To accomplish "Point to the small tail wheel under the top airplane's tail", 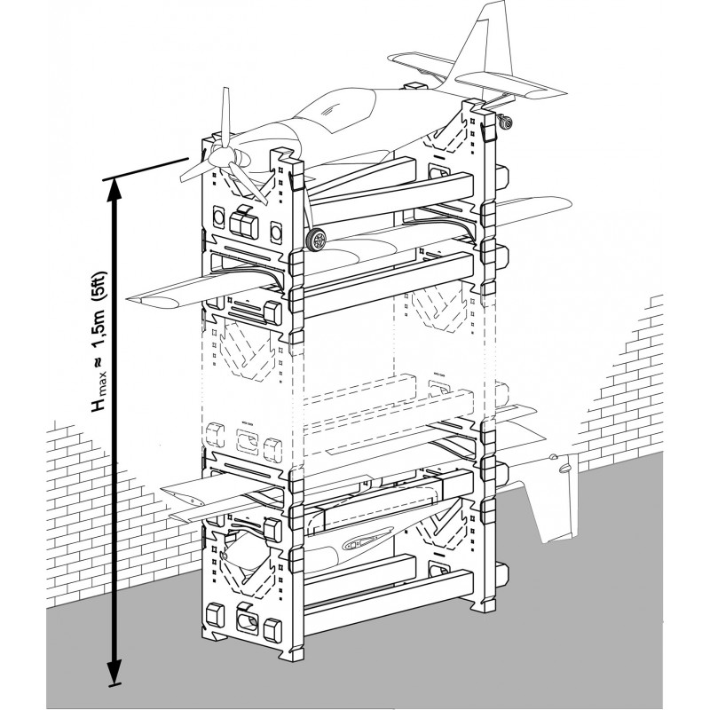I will pos(509,122).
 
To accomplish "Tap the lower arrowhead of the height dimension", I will pos(113,670).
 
